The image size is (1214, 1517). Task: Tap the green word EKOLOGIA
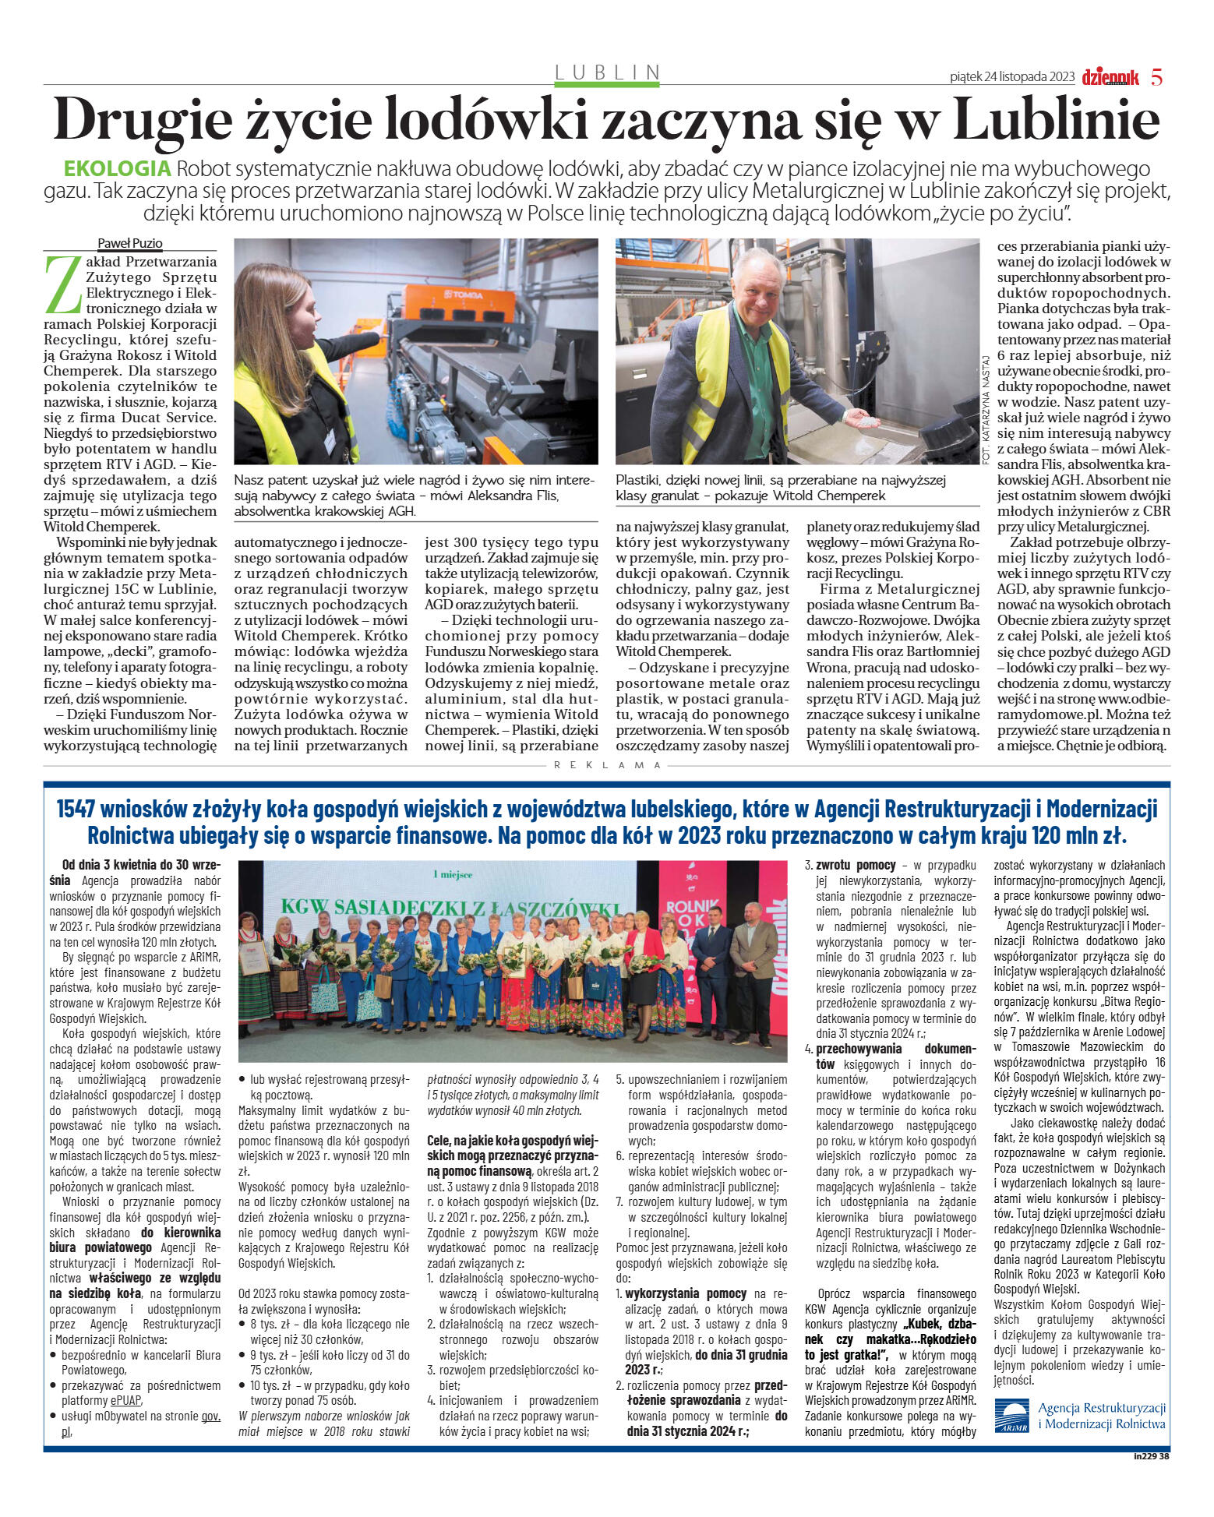click(117, 168)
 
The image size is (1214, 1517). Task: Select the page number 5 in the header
click(1156, 77)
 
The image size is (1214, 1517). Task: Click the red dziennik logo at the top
click(1110, 77)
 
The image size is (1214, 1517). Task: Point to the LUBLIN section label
click(607, 72)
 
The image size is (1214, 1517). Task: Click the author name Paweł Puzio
click(129, 244)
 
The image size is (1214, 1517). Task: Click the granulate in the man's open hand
click(867, 418)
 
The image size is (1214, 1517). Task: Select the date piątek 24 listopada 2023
click(1011, 77)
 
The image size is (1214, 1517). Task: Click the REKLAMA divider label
click(607, 765)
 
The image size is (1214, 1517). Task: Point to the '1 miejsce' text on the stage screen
click(453, 875)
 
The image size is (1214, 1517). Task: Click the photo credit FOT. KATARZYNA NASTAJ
click(986, 410)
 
